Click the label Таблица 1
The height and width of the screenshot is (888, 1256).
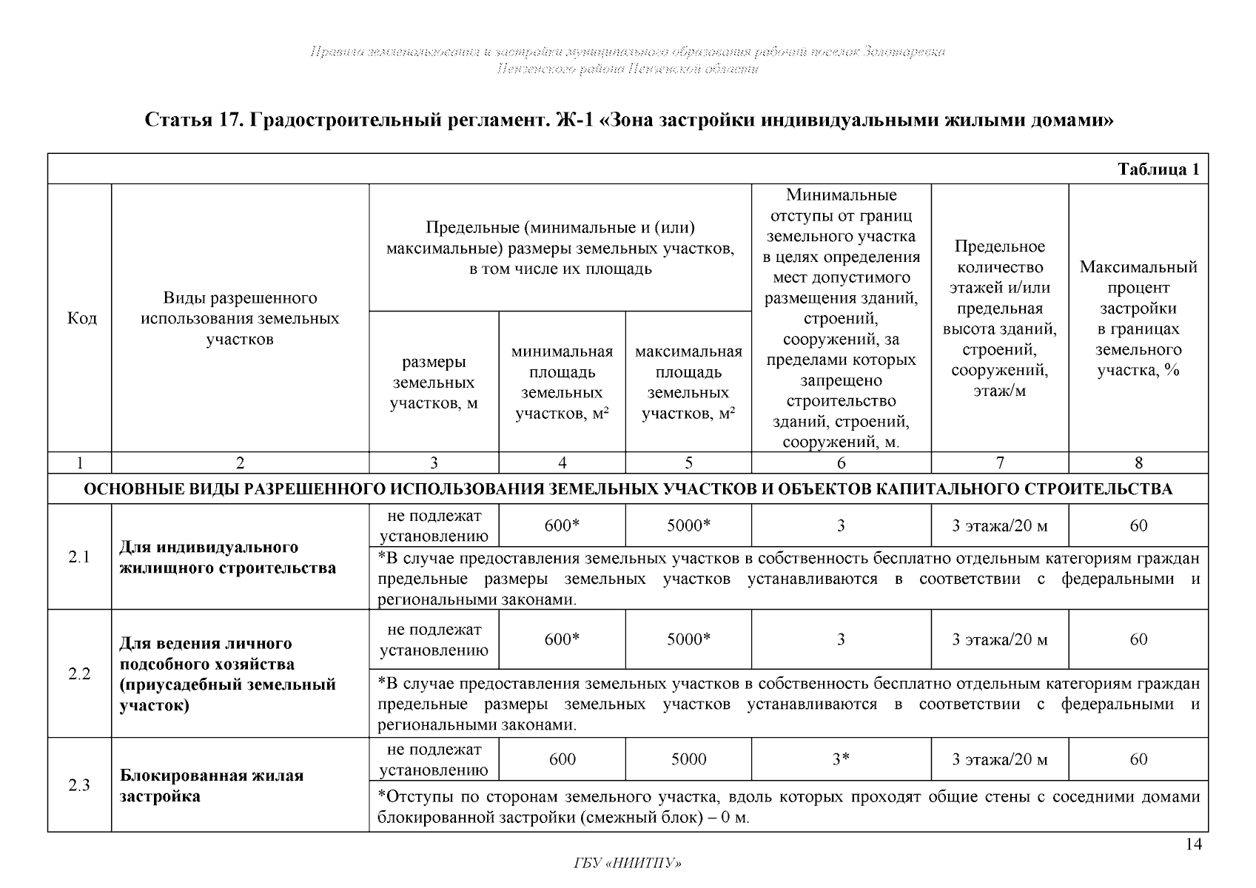[1158, 169]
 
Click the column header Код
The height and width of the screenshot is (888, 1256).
[81, 318]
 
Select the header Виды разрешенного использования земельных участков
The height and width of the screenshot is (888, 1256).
[240, 319]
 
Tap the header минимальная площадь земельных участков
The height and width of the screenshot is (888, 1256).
[562, 383]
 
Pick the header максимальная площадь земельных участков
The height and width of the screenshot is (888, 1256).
[688, 383]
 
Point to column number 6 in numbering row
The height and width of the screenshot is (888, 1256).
[841, 463]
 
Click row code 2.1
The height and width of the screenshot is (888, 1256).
[79, 557]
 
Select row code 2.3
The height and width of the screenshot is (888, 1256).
[79, 785]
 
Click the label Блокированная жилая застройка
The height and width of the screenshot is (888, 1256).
[212, 786]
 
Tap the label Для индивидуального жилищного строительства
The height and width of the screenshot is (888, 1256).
[227, 557]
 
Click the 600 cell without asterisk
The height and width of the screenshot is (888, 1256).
[562, 759]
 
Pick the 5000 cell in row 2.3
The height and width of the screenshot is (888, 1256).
[688, 759]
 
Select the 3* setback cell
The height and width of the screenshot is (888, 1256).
[841, 759]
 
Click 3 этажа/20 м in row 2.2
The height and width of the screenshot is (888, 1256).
[999, 639]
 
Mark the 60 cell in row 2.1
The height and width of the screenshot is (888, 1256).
[1138, 525]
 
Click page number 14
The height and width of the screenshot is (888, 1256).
[1193, 844]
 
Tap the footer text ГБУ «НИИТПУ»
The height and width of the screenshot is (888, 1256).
[628, 864]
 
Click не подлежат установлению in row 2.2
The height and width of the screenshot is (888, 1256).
[434, 639]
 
